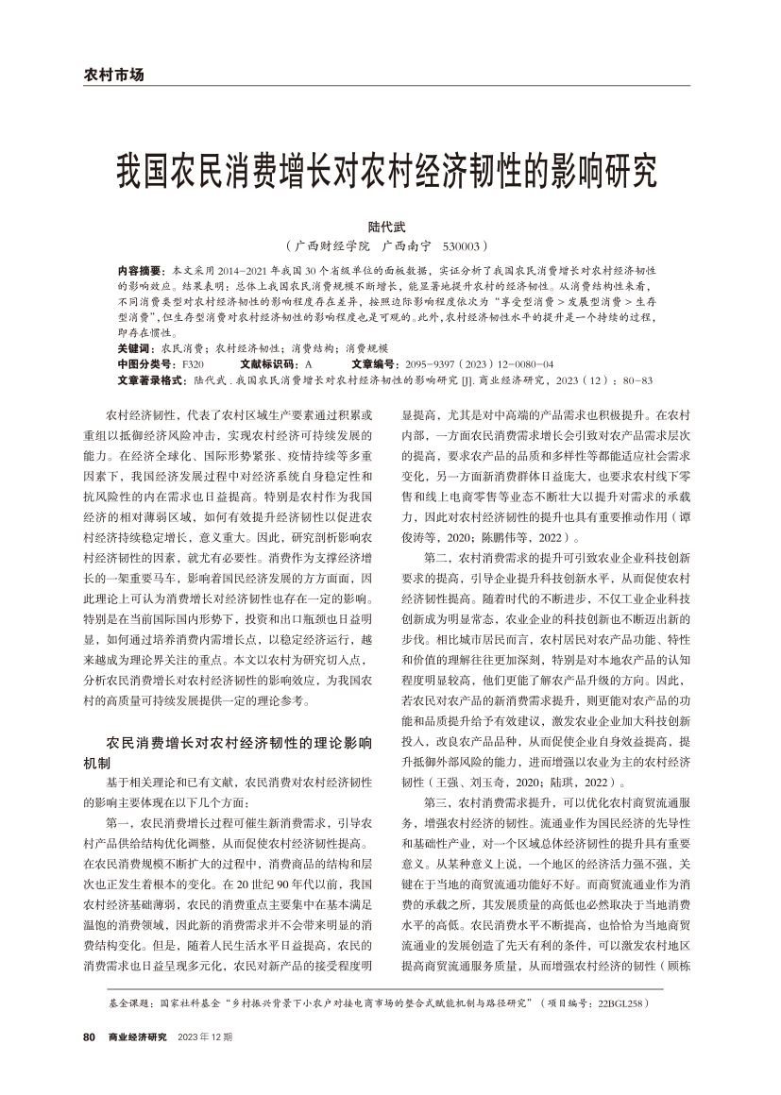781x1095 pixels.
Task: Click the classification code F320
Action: click(x=192, y=362)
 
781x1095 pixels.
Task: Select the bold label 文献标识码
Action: click(x=270, y=362)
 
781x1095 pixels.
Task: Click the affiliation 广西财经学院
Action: click(x=331, y=245)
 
